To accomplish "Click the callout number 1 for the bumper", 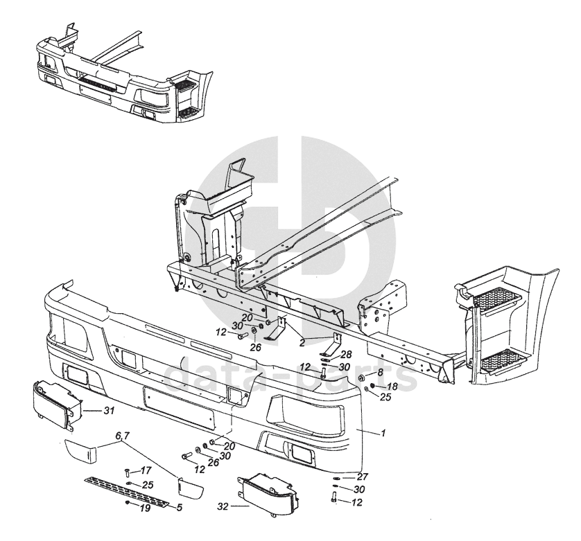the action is pos(383,432).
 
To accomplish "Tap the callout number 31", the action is pos(109,411).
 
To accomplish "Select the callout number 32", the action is pos(223,506).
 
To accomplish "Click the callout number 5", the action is pos(180,507).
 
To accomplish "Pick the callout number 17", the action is pos(146,470).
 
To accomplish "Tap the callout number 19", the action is pos(146,508).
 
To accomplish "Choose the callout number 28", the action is pos(346,355).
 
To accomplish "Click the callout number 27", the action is pos(362,477).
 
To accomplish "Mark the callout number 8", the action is pos(380,373).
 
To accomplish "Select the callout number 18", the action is pos(392,387).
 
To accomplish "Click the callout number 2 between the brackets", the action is pos(302,342).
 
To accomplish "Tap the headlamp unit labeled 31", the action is pos(57,405).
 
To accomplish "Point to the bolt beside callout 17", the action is pos(127,473).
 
